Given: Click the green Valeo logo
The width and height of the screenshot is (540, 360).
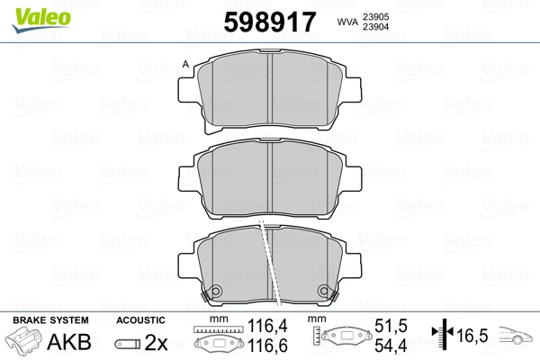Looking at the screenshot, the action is pyautogui.click(x=41, y=20).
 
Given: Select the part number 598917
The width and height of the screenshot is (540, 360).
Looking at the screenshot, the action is pyautogui.click(x=270, y=22).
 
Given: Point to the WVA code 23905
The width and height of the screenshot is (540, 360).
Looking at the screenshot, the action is pyautogui.click(x=375, y=17).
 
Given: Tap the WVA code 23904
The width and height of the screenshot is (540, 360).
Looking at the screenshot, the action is pyautogui.click(x=375, y=27).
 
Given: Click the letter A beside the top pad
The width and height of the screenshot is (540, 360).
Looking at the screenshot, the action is pyautogui.click(x=185, y=64).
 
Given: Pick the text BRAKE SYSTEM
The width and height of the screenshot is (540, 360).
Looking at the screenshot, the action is pyautogui.click(x=50, y=320).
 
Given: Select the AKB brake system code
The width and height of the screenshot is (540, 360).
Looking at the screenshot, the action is pyautogui.click(x=69, y=342).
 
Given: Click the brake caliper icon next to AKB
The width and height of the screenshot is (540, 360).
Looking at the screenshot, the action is pyautogui.click(x=23, y=341).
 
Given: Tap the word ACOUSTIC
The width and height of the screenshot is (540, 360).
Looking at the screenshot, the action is pyautogui.click(x=140, y=320).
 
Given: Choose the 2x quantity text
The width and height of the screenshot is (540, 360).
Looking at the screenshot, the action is pyautogui.click(x=156, y=342).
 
